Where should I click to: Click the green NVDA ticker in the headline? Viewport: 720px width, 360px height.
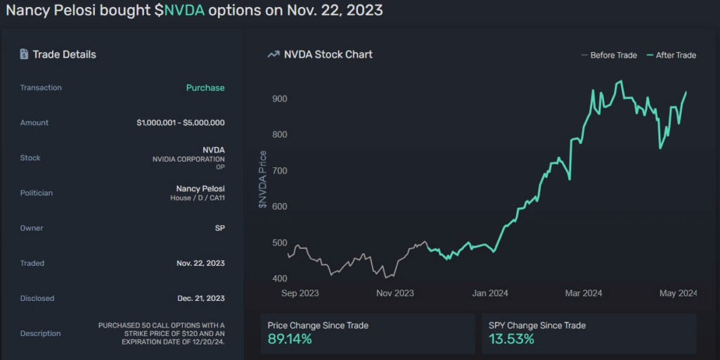point(184,11)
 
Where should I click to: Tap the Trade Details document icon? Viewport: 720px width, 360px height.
point(24,54)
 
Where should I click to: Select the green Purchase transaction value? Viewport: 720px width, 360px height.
point(205,88)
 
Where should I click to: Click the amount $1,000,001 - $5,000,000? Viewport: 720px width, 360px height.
point(181,122)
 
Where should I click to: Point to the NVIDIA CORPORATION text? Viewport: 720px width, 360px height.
point(188,159)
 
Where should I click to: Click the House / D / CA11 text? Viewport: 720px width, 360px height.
point(198,198)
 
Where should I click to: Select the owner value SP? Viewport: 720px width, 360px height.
point(220,228)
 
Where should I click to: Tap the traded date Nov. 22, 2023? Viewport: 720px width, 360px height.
point(200,263)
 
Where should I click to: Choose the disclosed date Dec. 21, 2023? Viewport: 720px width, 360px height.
point(201,298)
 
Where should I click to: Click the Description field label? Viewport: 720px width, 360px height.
point(40,333)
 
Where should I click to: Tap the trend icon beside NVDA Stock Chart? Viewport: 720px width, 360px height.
point(274,55)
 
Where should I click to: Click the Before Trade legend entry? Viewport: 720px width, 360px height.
point(609,55)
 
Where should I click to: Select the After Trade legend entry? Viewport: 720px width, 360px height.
point(671,55)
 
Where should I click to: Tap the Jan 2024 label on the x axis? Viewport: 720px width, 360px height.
point(490,293)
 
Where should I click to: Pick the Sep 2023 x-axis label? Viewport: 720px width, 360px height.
point(300,293)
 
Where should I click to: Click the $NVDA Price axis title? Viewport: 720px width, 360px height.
point(263,179)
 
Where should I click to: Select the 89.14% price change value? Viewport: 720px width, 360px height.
point(290,340)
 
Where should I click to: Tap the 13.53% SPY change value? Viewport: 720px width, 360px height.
point(512,340)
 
